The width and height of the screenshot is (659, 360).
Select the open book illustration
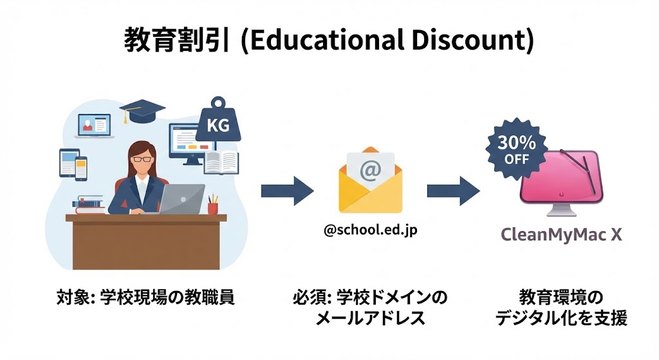pyautogui.click(x=221, y=162)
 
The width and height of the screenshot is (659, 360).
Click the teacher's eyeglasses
pyautogui.click(x=143, y=158)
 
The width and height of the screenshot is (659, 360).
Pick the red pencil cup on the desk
pyautogui.click(x=212, y=207)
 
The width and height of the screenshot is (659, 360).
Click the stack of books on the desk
pyautogui.click(x=89, y=205)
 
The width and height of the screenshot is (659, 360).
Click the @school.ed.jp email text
pyautogui.click(x=371, y=230)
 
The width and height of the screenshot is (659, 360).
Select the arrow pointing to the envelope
pyautogui.click(x=287, y=191)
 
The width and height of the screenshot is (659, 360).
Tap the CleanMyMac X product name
pyautogui.click(x=562, y=234)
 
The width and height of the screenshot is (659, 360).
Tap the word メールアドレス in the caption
pyautogui.click(x=370, y=317)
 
